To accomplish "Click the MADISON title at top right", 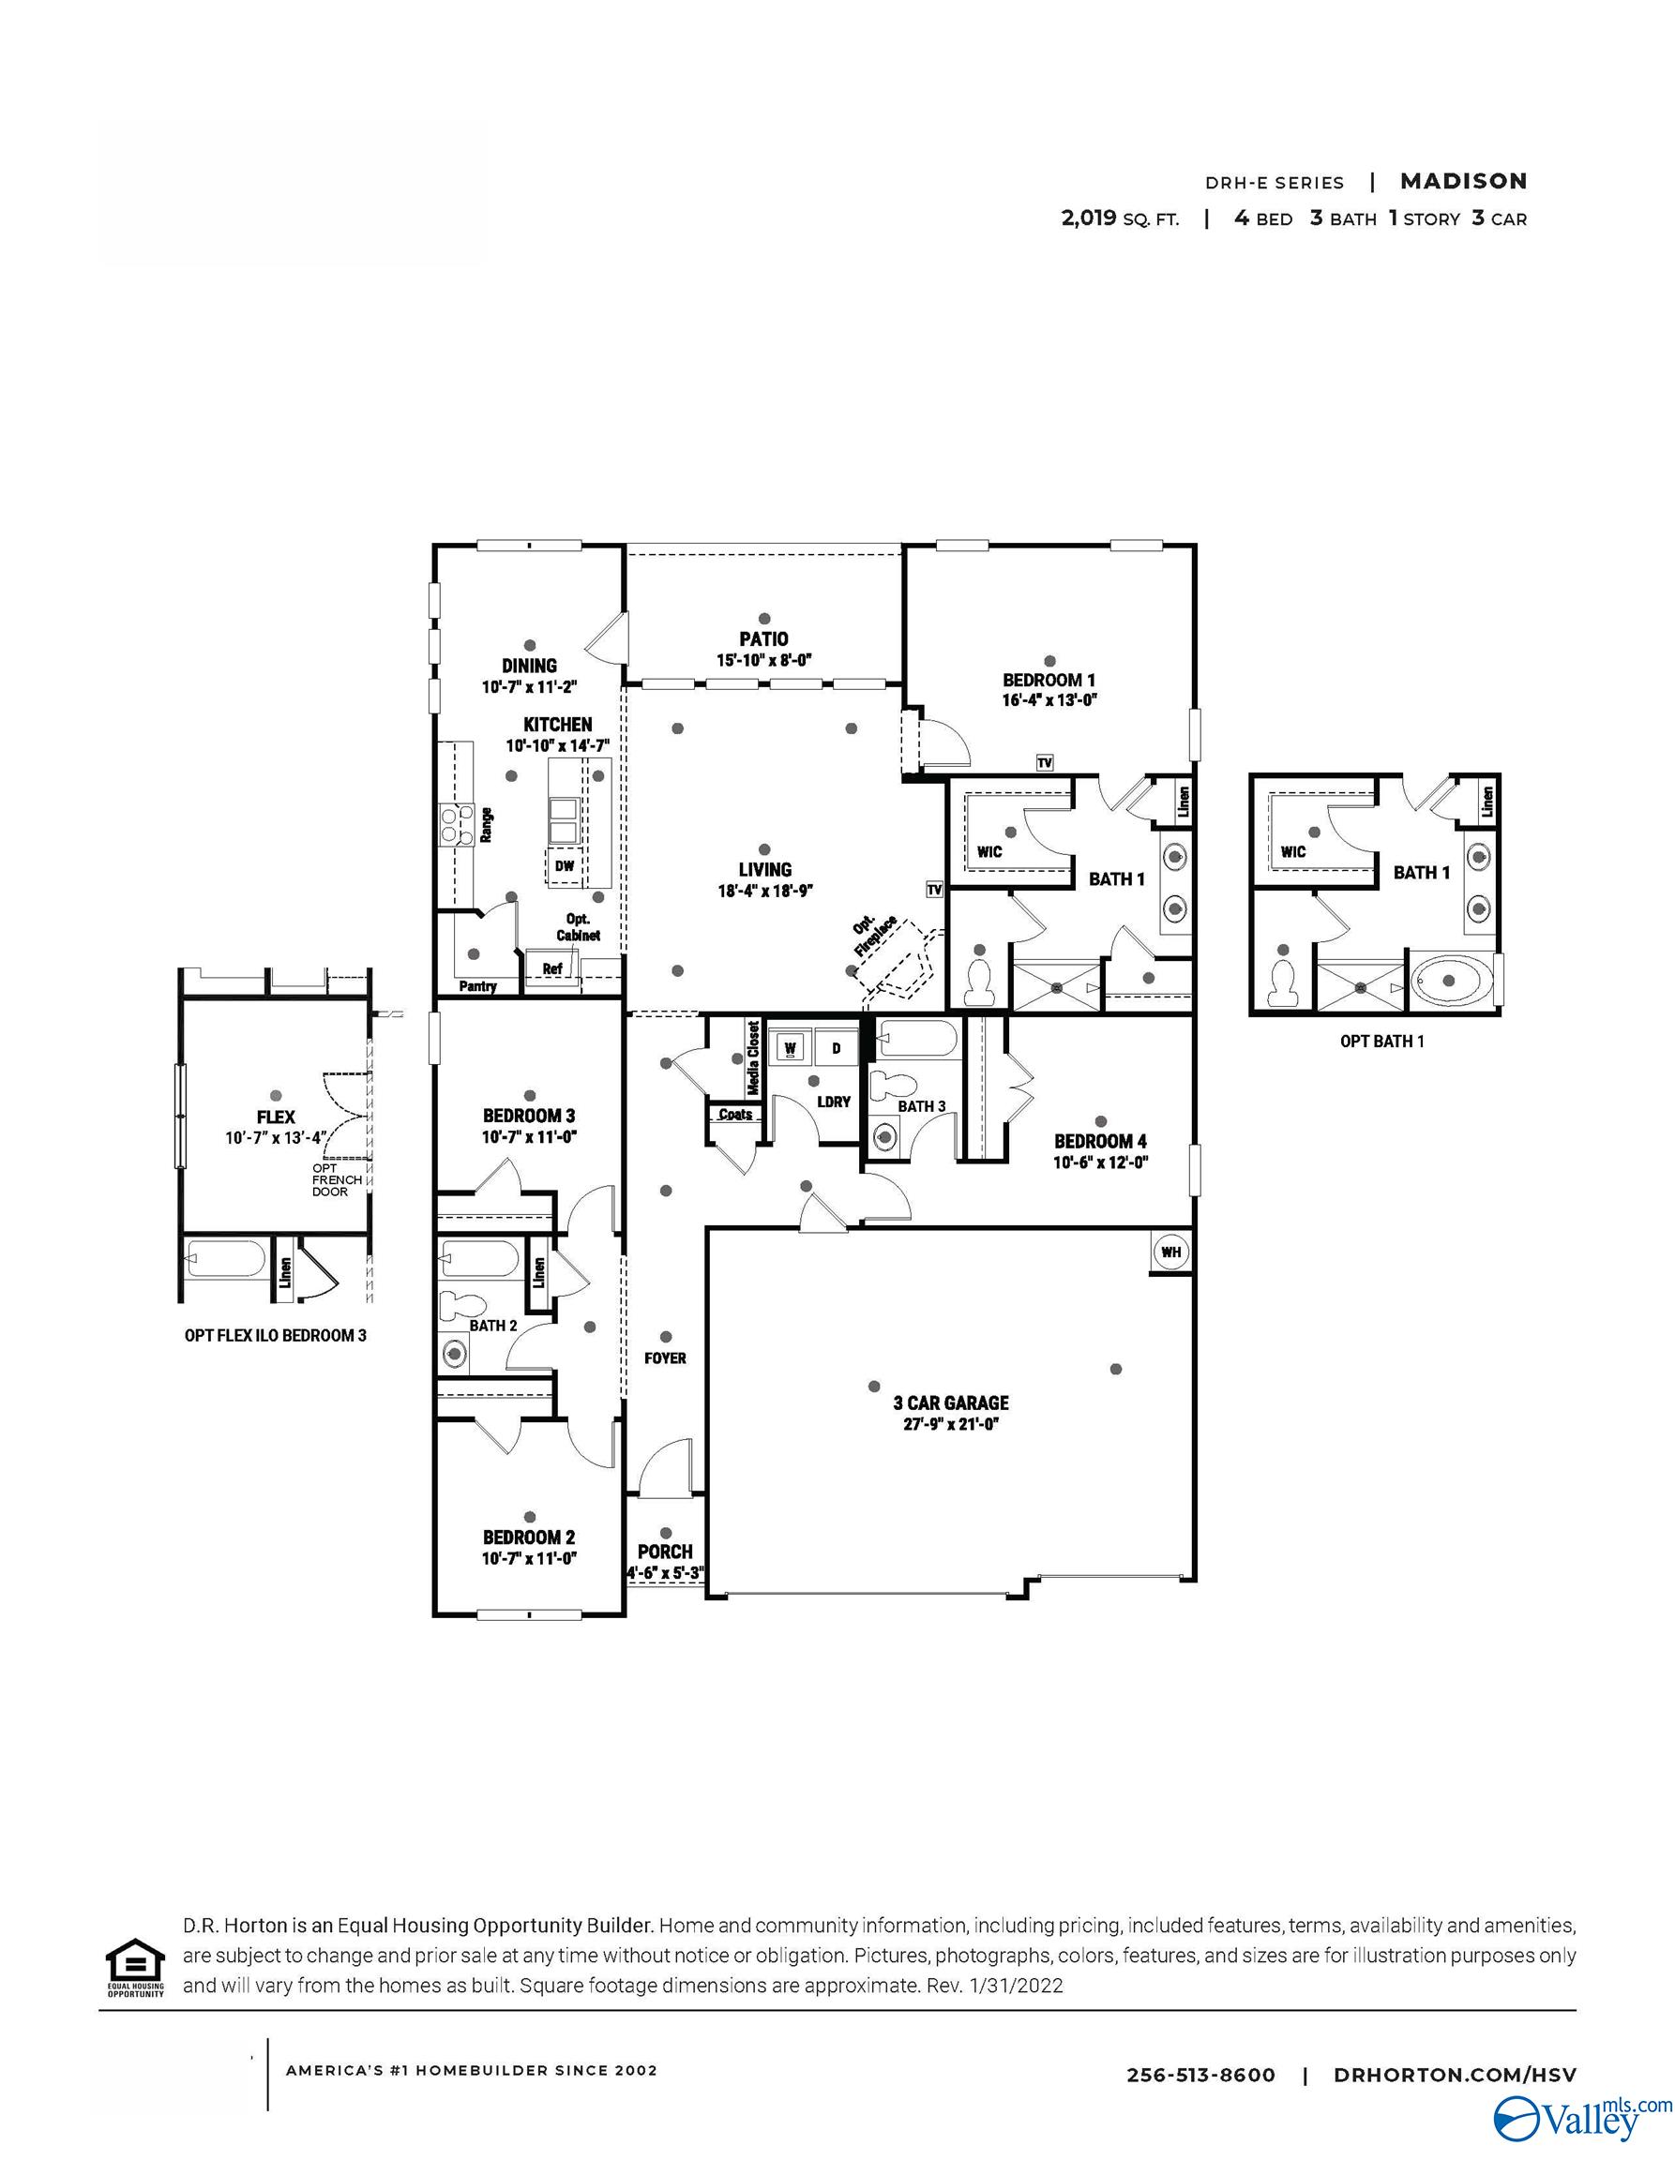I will pos(1462,181).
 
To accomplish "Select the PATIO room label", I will pos(763,638).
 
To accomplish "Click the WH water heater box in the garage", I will pos(1170,1252).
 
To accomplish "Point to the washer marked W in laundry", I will pos(792,1047).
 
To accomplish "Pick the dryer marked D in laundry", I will pos(836,1047).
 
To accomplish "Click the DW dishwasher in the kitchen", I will pos(564,866).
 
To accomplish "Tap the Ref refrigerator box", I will pos(552,968).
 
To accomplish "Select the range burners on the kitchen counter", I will pos(457,824).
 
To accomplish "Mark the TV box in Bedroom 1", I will pos(1044,762).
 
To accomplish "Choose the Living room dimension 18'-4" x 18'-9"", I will pos(763,890).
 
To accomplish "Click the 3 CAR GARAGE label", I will pos(951,1402).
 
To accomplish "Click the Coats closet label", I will pos(735,1115).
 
